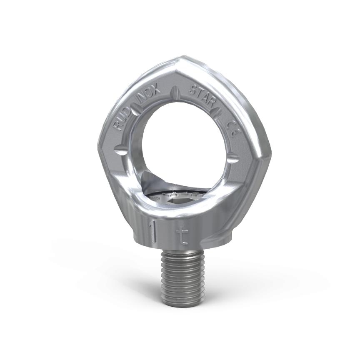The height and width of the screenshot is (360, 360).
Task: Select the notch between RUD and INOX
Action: (136, 109)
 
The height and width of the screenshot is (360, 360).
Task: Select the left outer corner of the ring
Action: (100, 144)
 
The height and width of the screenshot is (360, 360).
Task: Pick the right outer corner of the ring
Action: (269, 156)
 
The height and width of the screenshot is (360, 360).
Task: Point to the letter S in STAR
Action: (193, 89)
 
